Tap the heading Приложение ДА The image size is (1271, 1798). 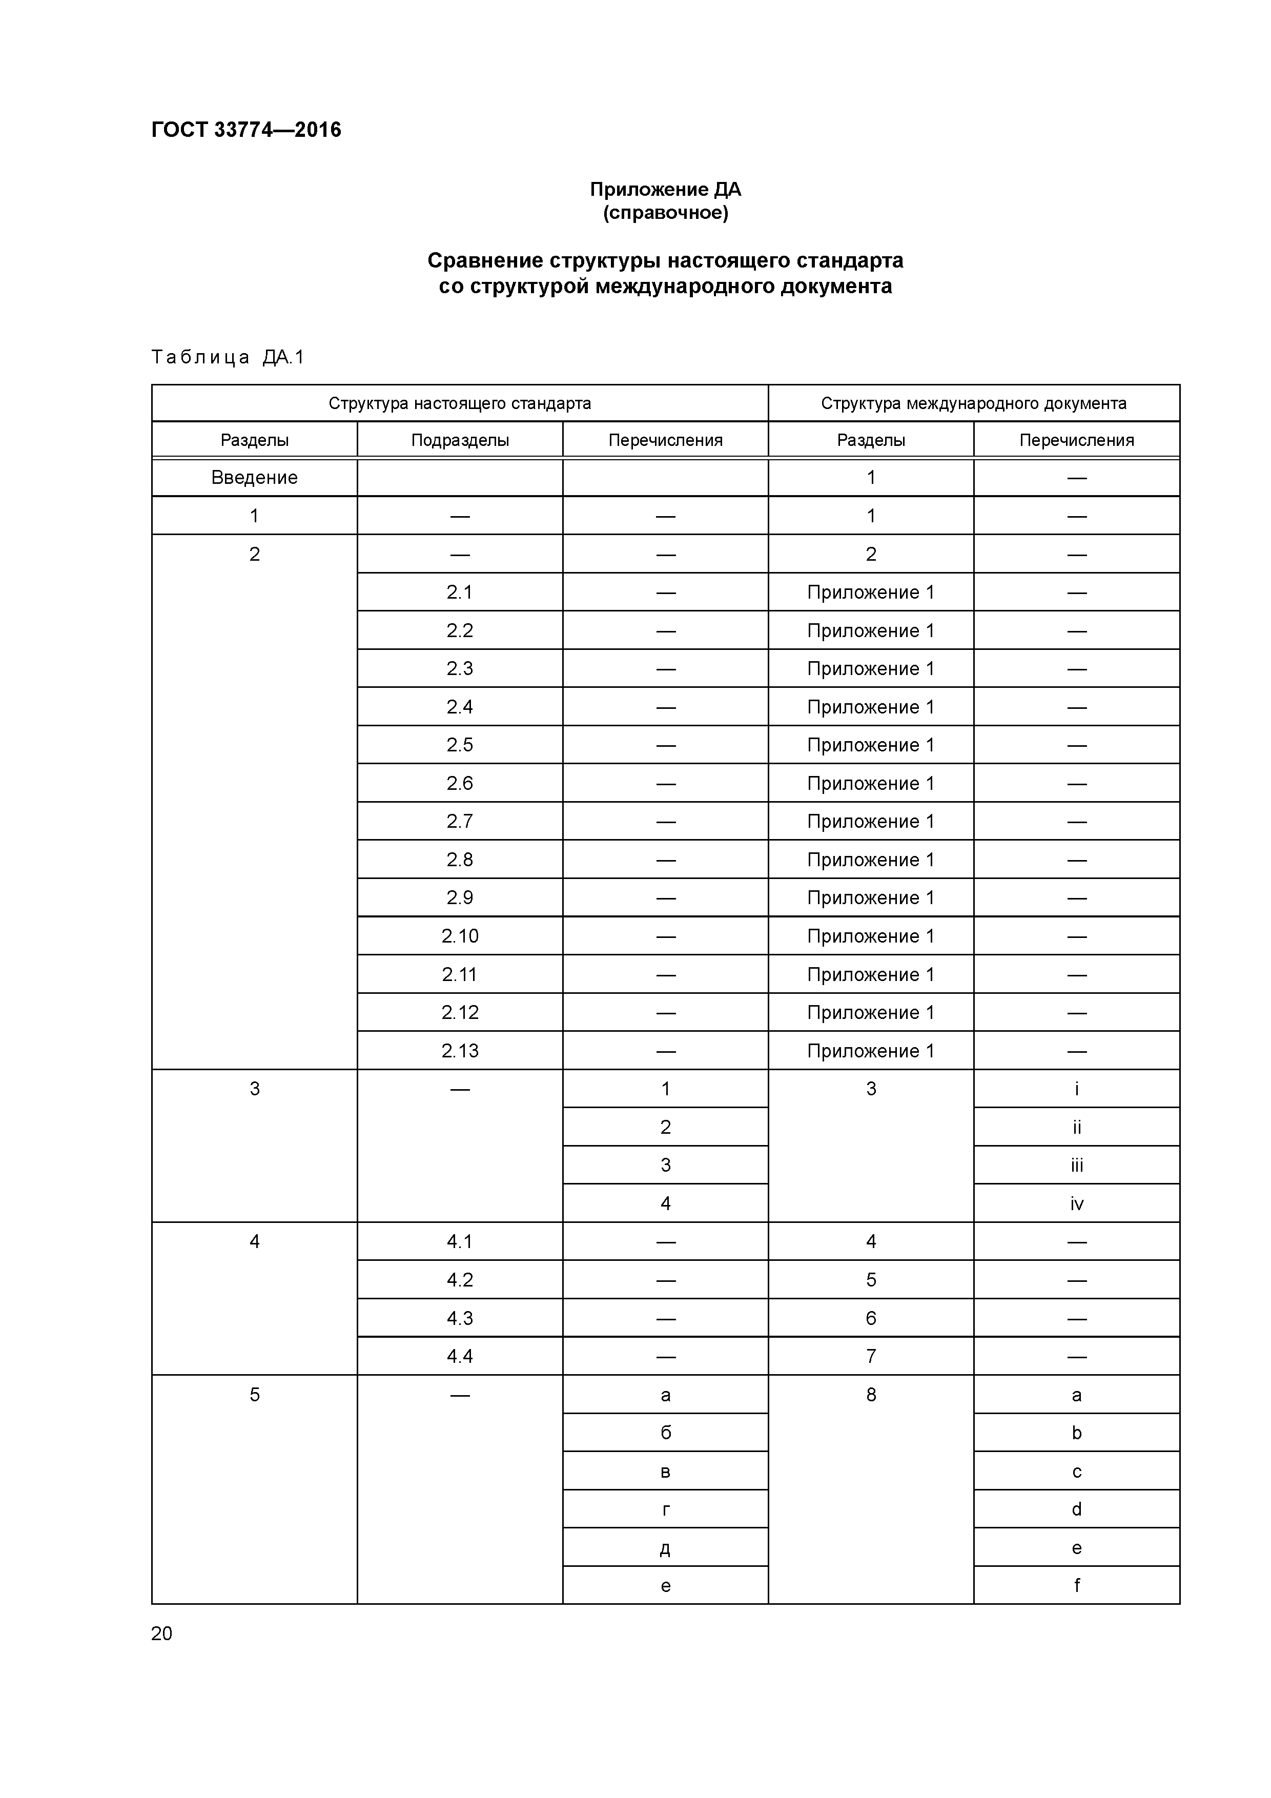coord(665,190)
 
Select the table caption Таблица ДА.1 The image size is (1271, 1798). coord(227,358)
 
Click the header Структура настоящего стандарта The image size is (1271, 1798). coord(460,403)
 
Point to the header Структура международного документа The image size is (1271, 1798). coord(973,403)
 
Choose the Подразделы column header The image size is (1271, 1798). coord(460,440)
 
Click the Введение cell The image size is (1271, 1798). coord(255,478)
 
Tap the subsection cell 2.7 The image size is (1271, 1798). coord(460,822)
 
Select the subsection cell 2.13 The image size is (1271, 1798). coord(460,1051)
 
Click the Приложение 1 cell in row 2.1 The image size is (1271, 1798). coord(871,593)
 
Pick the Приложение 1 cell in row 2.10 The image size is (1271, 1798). coord(871,936)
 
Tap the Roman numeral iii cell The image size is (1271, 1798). coord(1077,1165)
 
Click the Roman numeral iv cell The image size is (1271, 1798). coord(1077,1203)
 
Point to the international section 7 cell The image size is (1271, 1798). coord(871,1356)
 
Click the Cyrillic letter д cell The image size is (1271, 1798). coord(665,1548)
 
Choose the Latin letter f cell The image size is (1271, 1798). coord(1077,1586)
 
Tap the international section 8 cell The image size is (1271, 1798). coord(871,1395)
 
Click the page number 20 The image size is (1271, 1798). coord(162,1633)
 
